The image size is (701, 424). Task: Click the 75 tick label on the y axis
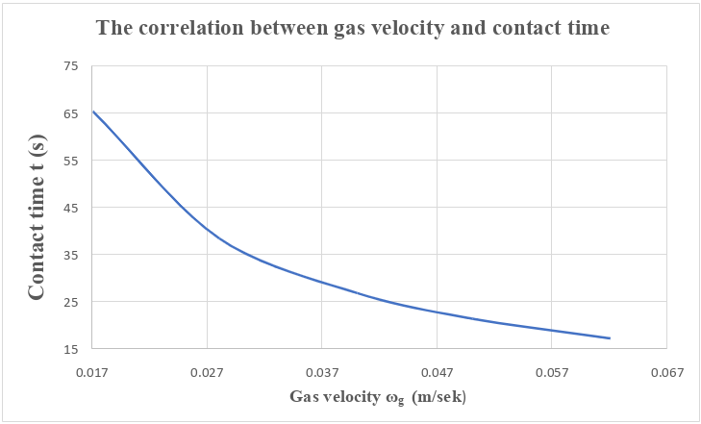(x=70, y=65)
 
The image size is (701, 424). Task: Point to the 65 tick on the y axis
(x=70, y=112)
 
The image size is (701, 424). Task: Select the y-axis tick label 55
(x=70, y=160)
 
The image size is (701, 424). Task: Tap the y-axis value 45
(x=70, y=207)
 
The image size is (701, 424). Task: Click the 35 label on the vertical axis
(x=70, y=254)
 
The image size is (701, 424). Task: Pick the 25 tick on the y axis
(x=70, y=301)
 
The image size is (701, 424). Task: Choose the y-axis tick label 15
(x=70, y=348)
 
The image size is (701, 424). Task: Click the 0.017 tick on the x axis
(x=92, y=371)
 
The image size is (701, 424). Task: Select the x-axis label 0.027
(x=207, y=371)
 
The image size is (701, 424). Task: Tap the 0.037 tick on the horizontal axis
(x=322, y=371)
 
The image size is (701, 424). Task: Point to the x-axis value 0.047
(x=437, y=371)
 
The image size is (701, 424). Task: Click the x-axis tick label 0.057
(x=552, y=371)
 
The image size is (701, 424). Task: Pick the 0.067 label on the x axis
(x=666, y=371)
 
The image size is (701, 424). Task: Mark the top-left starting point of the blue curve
(x=93, y=112)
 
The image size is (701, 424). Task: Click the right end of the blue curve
(x=610, y=338)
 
